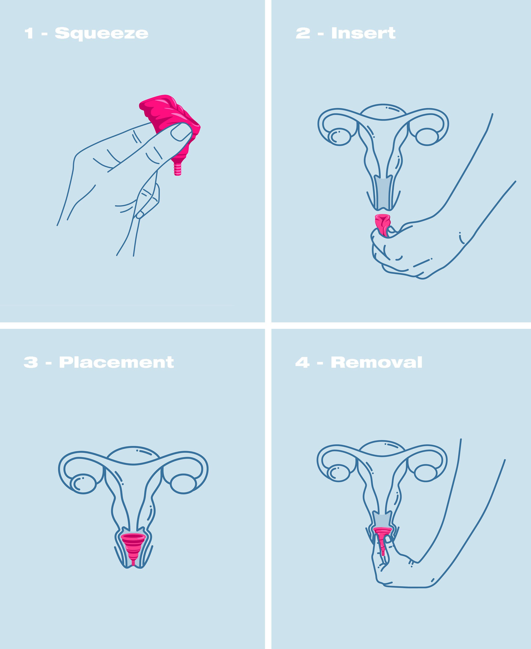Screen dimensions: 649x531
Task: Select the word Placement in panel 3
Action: (x=116, y=363)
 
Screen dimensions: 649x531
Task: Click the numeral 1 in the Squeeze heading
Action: (x=29, y=33)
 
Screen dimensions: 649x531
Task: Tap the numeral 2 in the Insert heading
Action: (x=303, y=33)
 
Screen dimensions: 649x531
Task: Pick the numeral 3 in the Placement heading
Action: (x=31, y=363)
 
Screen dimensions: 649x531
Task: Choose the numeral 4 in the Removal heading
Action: (x=302, y=363)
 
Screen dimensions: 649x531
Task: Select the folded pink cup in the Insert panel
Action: (x=382, y=225)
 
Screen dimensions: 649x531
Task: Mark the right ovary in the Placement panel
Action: (x=183, y=484)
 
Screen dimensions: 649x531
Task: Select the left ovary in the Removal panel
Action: (x=338, y=473)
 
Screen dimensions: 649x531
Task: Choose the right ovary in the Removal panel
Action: (x=426, y=473)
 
